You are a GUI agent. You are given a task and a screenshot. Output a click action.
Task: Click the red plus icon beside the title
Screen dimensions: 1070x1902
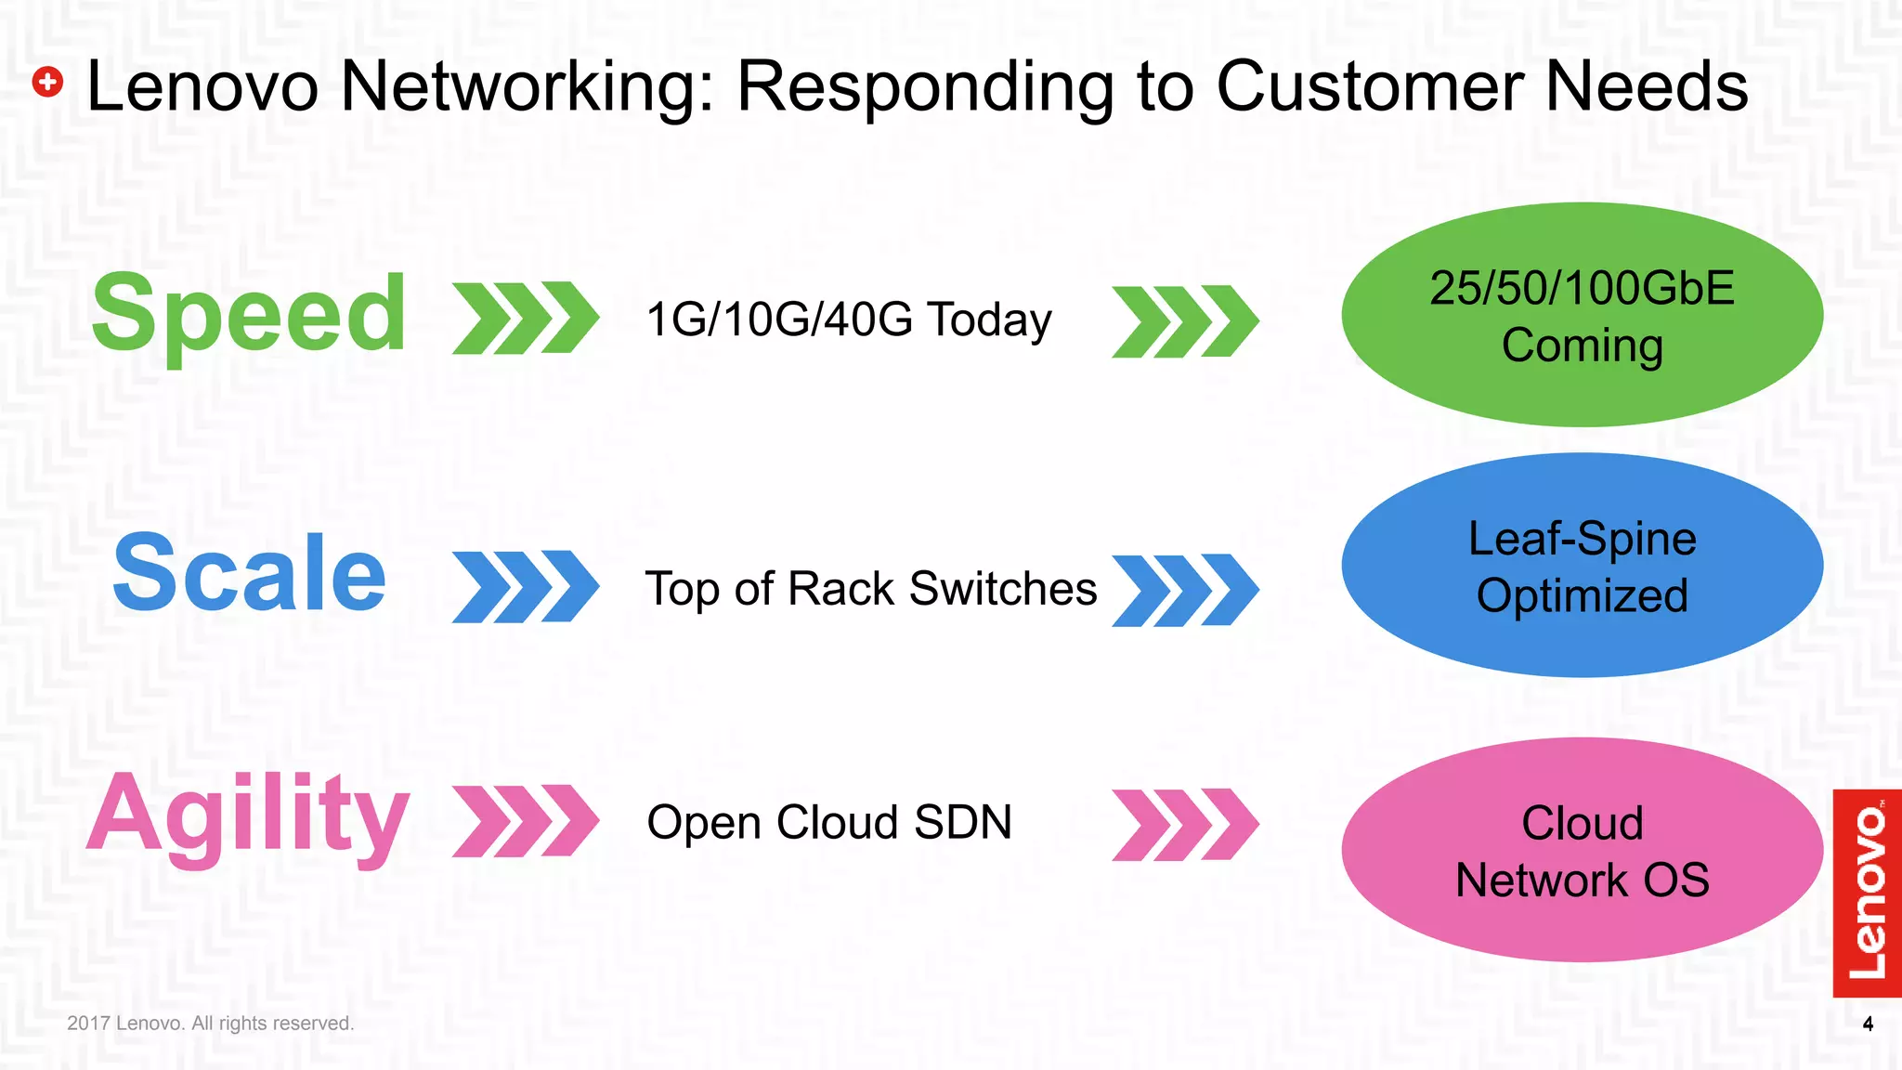pyautogui.click(x=47, y=83)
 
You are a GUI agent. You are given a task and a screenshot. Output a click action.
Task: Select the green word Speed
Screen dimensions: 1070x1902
pyautogui.click(x=249, y=315)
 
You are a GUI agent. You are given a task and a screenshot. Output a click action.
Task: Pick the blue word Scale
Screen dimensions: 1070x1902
pyautogui.click(x=249, y=574)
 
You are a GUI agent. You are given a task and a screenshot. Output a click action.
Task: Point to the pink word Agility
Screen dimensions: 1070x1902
pyautogui.click(x=248, y=815)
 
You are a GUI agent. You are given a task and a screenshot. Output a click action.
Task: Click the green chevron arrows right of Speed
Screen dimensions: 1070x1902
pyautogui.click(x=526, y=318)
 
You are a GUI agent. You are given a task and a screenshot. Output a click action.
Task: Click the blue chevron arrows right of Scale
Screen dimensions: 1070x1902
pyautogui.click(x=526, y=586)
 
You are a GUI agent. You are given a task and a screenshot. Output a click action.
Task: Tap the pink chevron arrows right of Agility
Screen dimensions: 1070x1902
pyautogui.click(x=526, y=821)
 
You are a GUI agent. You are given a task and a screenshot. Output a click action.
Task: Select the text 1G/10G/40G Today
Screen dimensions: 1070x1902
pyautogui.click(x=848, y=320)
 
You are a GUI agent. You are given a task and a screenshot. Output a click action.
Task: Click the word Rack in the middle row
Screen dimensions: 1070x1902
pyautogui.click(x=841, y=589)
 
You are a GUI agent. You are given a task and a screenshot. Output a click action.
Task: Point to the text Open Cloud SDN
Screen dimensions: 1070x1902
pyautogui.click(x=828, y=823)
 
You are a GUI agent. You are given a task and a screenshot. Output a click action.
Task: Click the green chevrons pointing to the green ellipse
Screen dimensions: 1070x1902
pyautogui.click(x=1185, y=321)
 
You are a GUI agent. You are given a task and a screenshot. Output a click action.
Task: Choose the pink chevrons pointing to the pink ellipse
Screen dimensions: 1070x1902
pyautogui.click(x=1185, y=825)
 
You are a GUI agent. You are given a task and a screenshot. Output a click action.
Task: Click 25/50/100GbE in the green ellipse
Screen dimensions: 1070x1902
pyautogui.click(x=1582, y=288)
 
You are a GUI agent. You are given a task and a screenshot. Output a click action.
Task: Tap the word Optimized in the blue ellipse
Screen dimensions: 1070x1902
pyautogui.click(x=1582, y=595)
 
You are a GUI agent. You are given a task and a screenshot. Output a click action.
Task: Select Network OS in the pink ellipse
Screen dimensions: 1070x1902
pyautogui.click(x=1582, y=880)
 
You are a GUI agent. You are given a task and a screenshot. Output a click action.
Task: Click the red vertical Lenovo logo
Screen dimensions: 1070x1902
pyautogui.click(x=1867, y=893)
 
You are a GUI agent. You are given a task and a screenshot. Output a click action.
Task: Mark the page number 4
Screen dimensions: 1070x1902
pyautogui.click(x=1868, y=1024)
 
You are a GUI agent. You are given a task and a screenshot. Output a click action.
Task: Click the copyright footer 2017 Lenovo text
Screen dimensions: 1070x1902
pyautogui.click(x=211, y=1024)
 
